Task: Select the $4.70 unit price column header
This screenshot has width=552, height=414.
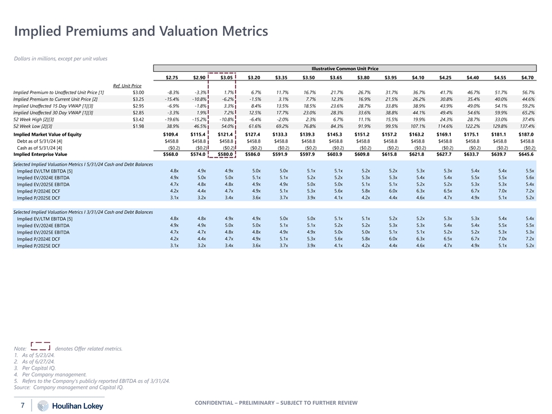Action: click(x=527, y=78)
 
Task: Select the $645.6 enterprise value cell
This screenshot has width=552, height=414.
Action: click(x=526, y=154)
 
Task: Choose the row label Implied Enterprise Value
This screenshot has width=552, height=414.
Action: click(x=40, y=154)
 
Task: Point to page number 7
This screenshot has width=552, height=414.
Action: click(x=22, y=405)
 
